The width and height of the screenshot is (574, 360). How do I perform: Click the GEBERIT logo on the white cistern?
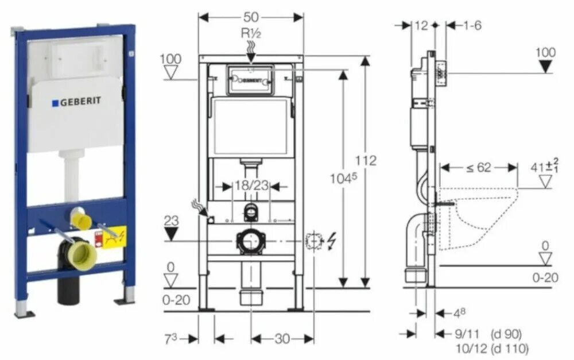(x=77, y=102)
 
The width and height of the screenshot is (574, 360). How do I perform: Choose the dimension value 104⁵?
(x=343, y=178)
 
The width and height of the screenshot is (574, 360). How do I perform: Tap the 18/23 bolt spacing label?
(x=250, y=186)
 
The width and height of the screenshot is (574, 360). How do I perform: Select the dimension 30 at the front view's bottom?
(x=281, y=339)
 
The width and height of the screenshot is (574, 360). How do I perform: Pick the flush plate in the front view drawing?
(x=250, y=79)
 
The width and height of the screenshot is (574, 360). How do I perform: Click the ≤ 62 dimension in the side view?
(x=478, y=168)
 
